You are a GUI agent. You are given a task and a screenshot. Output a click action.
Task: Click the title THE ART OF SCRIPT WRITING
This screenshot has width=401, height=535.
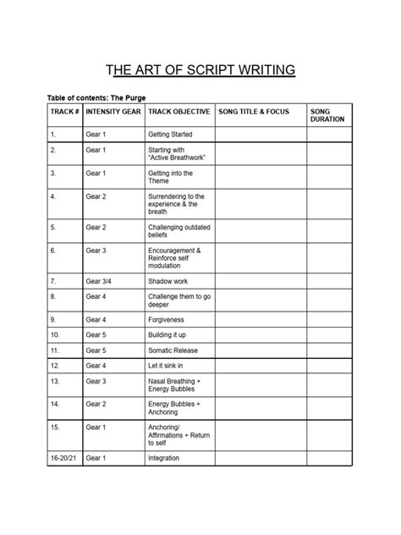click(x=200, y=69)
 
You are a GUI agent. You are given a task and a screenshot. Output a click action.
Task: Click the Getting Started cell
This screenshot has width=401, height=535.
click(x=170, y=135)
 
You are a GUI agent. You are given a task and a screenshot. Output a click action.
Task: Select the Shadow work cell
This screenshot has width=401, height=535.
click(x=168, y=280)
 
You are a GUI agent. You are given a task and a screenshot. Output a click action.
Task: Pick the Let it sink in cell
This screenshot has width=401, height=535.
click(x=169, y=366)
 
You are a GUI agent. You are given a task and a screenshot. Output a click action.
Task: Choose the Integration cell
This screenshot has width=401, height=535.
click(x=164, y=458)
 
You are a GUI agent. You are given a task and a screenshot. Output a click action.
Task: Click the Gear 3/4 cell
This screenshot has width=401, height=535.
click(x=98, y=280)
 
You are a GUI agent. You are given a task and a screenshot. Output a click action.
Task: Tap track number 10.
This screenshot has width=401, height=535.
click(x=55, y=335)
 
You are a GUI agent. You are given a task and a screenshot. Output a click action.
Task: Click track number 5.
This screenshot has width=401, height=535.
click(x=53, y=227)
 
